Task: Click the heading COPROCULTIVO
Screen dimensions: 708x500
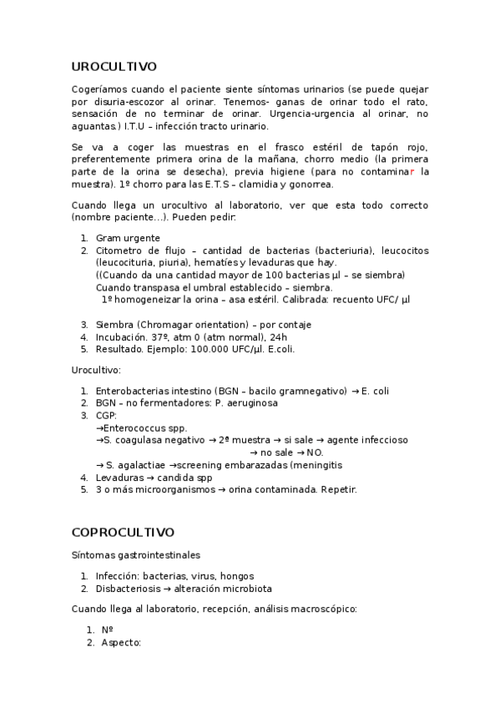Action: point(123,531)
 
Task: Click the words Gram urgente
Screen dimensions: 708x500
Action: point(128,238)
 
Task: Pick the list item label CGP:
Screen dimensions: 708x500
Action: point(106,415)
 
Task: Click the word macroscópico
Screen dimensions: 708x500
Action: point(323,609)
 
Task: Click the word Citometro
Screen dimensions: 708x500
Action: point(123,250)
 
